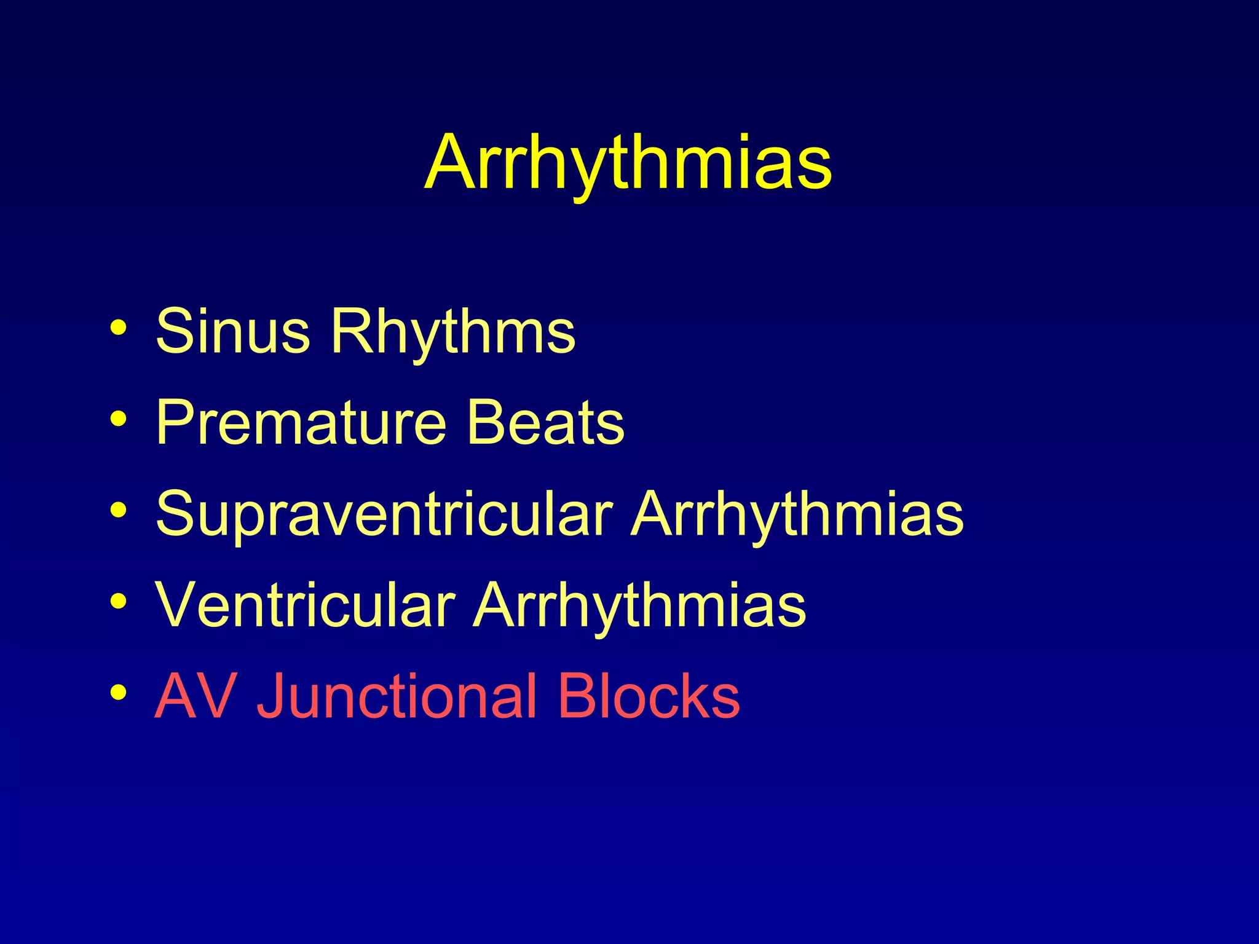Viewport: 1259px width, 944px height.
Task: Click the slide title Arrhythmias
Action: (628, 163)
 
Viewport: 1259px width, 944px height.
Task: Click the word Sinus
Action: (232, 332)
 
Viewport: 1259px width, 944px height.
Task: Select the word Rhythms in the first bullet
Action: (453, 332)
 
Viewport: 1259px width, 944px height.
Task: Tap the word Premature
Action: (301, 422)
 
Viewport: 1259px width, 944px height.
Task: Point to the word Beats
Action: (546, 422)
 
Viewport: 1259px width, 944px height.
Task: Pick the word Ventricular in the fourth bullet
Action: (305, 605)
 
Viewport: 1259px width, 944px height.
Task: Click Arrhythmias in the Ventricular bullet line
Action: (639, 605)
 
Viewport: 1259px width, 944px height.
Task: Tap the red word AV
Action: (196, 696)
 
